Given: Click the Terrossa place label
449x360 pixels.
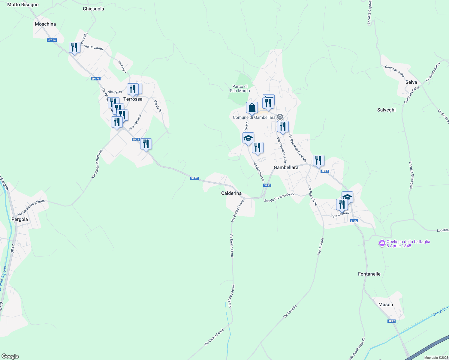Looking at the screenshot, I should (133, 99).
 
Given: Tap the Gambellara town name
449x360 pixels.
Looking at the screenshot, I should (286, 167).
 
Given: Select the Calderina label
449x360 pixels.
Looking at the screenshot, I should (231, 193).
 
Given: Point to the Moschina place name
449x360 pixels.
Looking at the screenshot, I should (45, 24).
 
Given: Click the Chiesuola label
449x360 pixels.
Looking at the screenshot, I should (93, 9).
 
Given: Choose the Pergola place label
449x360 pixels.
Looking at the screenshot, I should (20, 219).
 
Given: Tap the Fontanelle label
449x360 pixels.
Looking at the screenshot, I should (369, 274).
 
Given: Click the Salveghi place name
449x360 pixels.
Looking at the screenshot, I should (386, 110).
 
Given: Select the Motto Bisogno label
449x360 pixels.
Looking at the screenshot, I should (23, 4).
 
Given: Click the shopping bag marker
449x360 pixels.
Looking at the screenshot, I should (252, 108).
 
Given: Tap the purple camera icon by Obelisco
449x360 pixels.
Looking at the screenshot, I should (382, 244).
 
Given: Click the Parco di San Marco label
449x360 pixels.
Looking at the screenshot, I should (240, 88).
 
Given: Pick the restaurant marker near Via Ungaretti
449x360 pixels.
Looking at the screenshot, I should (74, 47).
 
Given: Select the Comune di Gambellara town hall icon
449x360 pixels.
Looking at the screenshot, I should (280, 117).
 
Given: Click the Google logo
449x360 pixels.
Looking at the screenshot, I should (10, 356).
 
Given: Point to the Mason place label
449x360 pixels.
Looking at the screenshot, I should (386, 304).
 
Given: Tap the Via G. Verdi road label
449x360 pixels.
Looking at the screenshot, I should (321, 247).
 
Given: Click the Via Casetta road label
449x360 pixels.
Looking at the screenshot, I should (290, 311).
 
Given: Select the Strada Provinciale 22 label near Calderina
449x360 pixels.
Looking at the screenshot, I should (279, 197).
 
